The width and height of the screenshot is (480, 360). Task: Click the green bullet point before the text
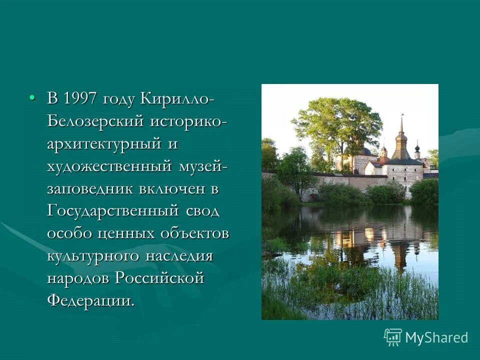(32, 97)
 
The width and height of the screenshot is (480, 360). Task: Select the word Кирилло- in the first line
(178, 98)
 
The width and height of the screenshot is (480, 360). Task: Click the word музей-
(203, 166)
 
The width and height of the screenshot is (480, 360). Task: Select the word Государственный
(113, 211)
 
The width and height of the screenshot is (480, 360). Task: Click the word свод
(202, 211)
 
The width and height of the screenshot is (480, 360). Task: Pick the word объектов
(195, 233)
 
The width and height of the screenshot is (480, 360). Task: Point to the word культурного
(93, 256)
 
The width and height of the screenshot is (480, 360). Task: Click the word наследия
(179, 256)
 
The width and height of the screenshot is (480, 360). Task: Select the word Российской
(159, 278)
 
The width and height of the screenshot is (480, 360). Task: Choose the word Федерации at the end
(90, 300)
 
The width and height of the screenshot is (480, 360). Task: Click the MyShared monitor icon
(393, 337)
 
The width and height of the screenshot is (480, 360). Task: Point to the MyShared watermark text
(436, 337)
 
